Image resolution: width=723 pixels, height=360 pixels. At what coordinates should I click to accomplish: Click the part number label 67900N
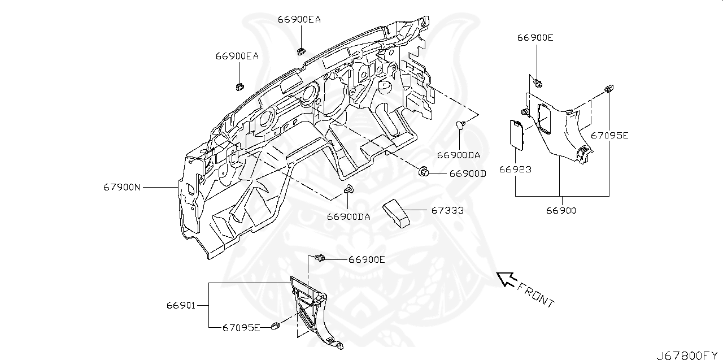pos(121,186)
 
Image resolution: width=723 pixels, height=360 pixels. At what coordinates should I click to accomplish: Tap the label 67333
pos(447,210)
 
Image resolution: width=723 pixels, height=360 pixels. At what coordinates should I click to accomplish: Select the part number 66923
pos(515,169)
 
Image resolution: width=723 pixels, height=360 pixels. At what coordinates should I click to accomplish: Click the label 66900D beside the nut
pos(468,174)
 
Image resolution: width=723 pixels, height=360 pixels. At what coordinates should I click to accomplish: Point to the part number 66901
pos(181,305)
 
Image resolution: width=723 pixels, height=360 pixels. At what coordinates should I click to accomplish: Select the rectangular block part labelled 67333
pos(397,214)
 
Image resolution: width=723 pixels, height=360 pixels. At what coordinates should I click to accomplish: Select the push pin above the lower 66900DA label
pos(349,189)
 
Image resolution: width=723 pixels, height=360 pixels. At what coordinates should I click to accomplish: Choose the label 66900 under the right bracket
pos(561,210)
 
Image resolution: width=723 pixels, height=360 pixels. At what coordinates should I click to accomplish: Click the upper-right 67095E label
pos(609,136)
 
